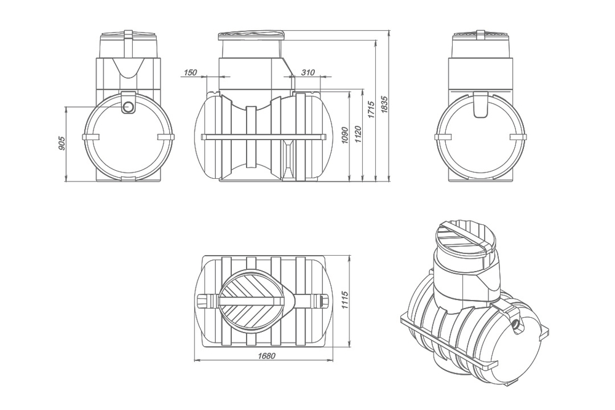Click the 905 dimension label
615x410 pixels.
tap(61, 143)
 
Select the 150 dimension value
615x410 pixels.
tap(190, 73)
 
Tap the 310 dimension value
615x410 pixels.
tap(307, 73)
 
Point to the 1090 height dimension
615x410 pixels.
tap(346, 136)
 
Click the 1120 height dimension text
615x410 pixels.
tap(358, 136)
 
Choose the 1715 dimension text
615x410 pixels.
tap(371, 111)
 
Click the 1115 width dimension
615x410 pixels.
tap(346, 301)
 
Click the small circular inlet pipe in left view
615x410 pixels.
tap(130, 107)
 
